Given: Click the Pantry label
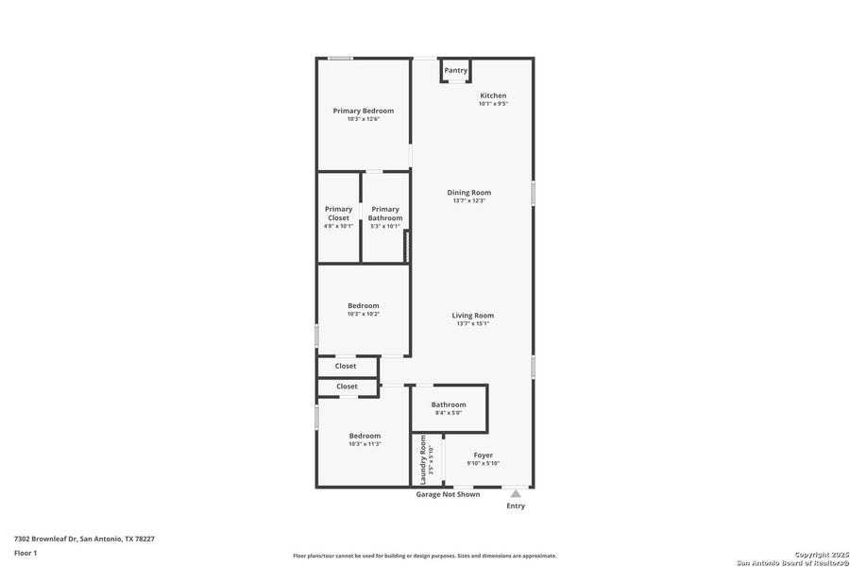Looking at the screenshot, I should coord(456,70).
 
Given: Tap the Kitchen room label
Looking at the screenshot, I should coord(493,95).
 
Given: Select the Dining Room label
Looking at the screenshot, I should coord(469,193).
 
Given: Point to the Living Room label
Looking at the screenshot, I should coord(472,316).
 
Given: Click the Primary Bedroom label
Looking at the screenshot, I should coord(364,111).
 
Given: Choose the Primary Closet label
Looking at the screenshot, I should coord(338,214).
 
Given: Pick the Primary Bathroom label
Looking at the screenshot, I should coord(385,214).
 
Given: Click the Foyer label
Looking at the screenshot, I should coord(484,455).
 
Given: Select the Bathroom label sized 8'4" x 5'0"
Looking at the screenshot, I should coord(449,404).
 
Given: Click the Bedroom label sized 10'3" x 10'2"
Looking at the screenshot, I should coord(364,305).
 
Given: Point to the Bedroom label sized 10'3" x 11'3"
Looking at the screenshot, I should coord(365,436).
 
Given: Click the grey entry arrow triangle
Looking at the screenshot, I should coord(515,493).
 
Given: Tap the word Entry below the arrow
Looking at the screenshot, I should coord(516,507).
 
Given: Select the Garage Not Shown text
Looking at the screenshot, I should coord(448,494).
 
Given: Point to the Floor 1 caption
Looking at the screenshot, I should coord(26,552).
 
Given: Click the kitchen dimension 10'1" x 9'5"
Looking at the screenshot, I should coord(493,104).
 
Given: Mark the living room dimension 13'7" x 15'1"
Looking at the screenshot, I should coord(472,324).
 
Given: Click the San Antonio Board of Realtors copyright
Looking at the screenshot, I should coord(792,562).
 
